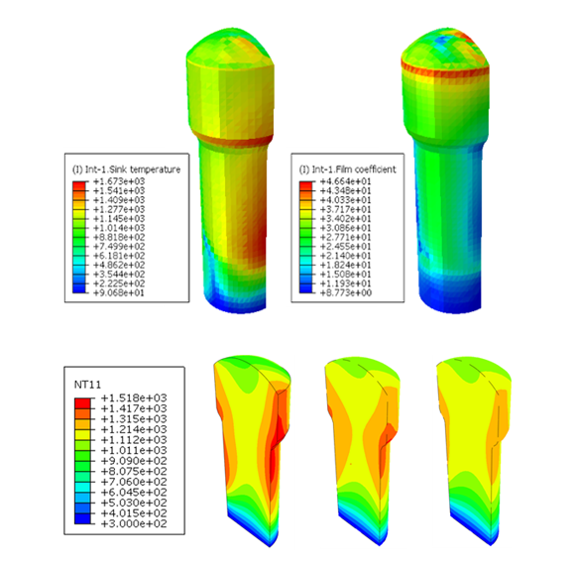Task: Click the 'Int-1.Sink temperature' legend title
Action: pos(126,169)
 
